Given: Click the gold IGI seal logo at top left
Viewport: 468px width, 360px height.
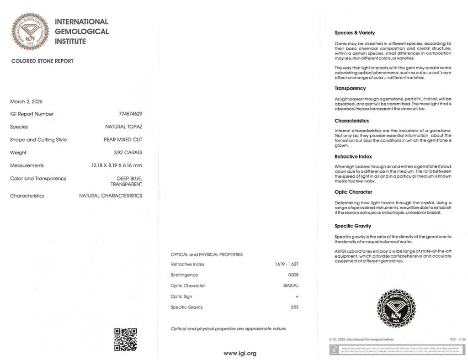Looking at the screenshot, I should (30, 32).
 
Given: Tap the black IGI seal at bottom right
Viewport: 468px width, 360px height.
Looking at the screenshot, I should (396, 308).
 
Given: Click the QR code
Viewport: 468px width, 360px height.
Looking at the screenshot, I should (125, 339).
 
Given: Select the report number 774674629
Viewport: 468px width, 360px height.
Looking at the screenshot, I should (130, 114).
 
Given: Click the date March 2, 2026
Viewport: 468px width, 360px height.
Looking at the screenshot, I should (26, 101).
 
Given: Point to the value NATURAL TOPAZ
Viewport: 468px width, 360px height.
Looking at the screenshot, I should (123, 127).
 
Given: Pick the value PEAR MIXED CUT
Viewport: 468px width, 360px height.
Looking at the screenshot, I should (123, 140).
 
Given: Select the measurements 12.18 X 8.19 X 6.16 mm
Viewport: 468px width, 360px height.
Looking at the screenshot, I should (117, 165).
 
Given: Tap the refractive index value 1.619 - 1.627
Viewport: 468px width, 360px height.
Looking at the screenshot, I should (287, 264).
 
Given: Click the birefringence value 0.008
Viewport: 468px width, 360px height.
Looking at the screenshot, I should (293, 275).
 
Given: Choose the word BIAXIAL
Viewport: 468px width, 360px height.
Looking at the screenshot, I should (291, 286).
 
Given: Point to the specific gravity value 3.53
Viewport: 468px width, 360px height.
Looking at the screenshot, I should (294, 307).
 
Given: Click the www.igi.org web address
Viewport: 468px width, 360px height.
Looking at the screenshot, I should (239, 353).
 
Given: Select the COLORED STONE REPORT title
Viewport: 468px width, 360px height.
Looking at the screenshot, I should (42, 61).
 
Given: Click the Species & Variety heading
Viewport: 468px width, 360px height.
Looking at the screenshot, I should (355, 33).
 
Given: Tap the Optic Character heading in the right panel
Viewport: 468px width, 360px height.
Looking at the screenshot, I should (353, 192).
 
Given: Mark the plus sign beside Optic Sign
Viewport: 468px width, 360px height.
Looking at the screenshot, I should (297, 296).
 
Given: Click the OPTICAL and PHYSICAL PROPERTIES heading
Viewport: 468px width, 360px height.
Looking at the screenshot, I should (207, 254).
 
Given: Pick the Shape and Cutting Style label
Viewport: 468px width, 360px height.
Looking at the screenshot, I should (38, 140).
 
